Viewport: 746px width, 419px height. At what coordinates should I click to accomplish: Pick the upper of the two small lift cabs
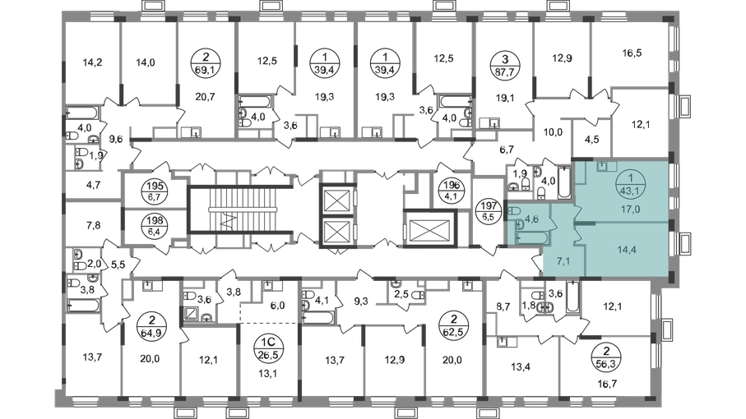click(336, 199)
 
